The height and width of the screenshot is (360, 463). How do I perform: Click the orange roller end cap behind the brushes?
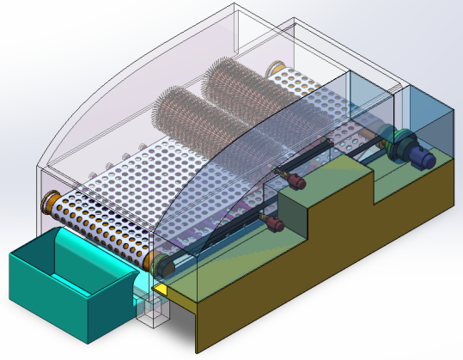click(x=277, y=66)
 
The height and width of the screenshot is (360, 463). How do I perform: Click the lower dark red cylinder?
click(x=274, y=224)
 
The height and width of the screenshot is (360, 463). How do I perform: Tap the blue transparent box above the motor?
click(x=429, y=116)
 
